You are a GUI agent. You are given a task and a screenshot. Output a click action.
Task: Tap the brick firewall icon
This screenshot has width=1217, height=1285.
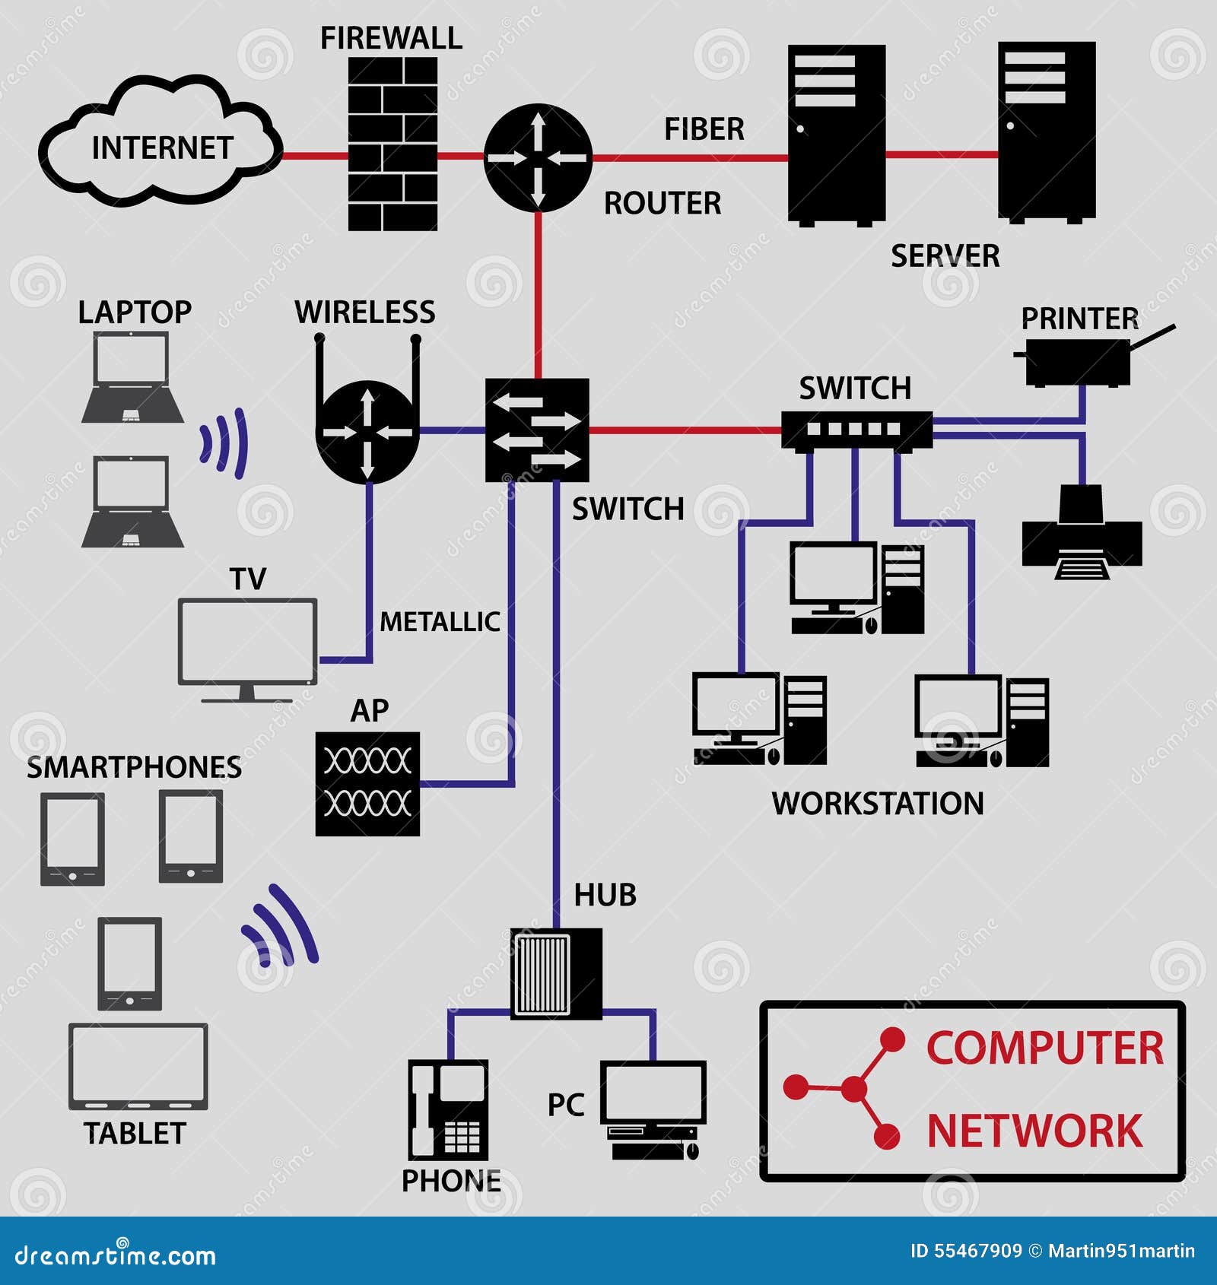tap(392, 144)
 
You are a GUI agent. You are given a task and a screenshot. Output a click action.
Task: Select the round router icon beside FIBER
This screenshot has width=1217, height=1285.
tap(538, 158)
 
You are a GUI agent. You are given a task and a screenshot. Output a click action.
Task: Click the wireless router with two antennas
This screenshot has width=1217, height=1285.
tap(367, 430)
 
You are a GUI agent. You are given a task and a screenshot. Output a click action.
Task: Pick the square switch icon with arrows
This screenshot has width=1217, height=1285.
tap(537, 430)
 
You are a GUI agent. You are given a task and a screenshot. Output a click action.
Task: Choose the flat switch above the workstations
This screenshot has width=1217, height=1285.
tap(856, 430)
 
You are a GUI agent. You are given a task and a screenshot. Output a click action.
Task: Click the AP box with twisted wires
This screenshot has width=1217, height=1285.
tap(367, 783)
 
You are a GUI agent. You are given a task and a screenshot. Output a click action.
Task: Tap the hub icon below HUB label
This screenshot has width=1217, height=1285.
tap(555, 974)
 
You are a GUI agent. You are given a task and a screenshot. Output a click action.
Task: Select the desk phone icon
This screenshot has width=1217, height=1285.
tap(447, 1109)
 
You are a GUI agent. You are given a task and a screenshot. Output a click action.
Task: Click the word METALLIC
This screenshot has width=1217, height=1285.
tap(440, 622)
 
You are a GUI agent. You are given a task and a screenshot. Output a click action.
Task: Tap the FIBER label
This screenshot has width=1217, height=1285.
tap(704, 129)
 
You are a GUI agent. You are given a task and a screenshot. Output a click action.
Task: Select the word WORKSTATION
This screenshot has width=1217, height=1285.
tap(877, 804)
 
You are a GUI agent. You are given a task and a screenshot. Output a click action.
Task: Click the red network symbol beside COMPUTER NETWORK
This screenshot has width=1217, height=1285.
tap(852, 1088)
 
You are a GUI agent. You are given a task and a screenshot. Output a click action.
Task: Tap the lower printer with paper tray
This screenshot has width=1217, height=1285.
tap(1082, 532)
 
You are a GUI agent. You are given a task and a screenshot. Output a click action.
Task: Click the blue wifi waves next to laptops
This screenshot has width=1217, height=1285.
tap(226, 443)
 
